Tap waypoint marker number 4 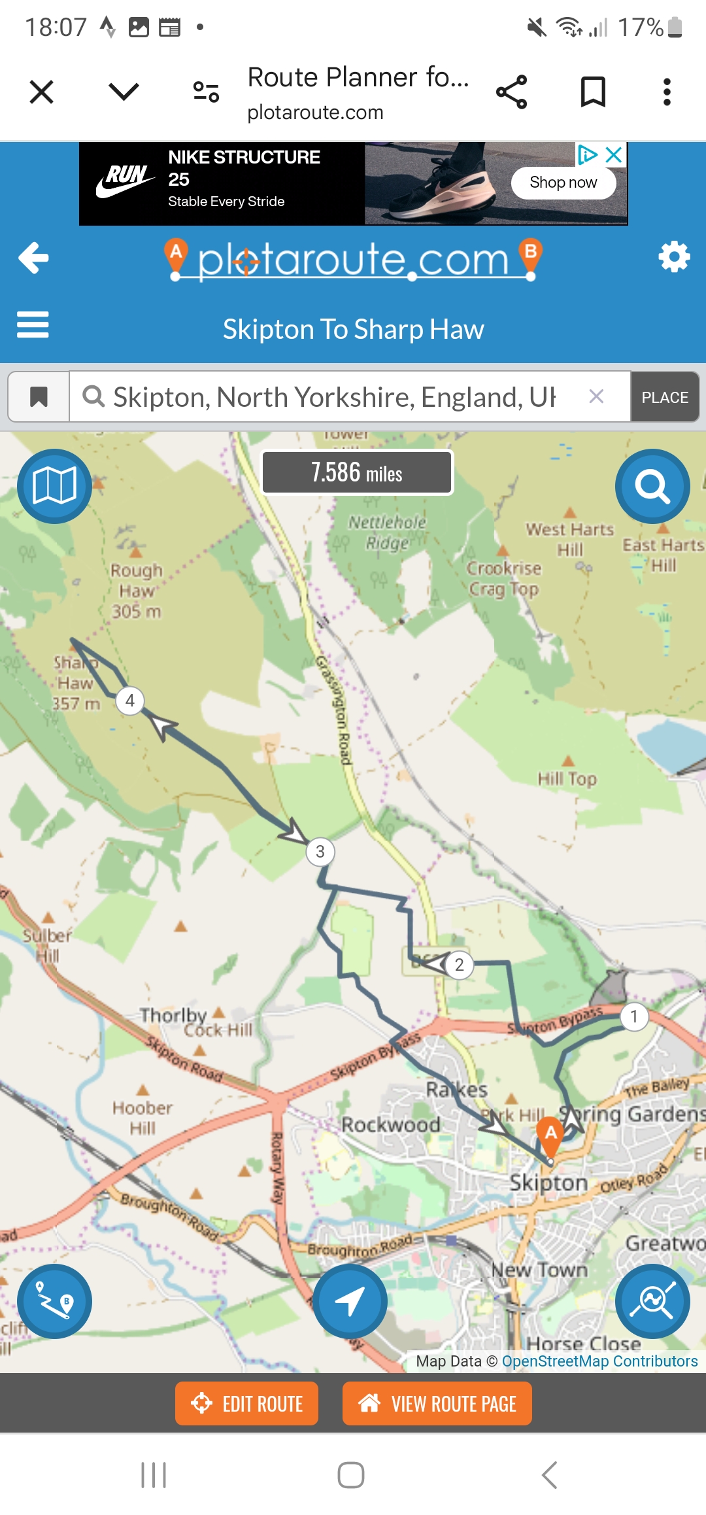(130, 701)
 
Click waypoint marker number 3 (320, 852)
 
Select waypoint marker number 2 (460, 965)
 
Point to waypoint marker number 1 (633, 1017)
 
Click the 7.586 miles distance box (357, 472)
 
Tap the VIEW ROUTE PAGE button (437, 1404)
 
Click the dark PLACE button (665, 397)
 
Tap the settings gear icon (674, 257)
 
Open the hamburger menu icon (33, 324)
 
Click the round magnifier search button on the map (652, 486)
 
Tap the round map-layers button (54, 486)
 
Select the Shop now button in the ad (563, 183)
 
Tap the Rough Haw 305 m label (136, 591)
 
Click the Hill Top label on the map (567, 778)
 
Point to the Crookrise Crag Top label (504, 578)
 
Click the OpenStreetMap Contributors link (599, 1361)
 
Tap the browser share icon (512, 92)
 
